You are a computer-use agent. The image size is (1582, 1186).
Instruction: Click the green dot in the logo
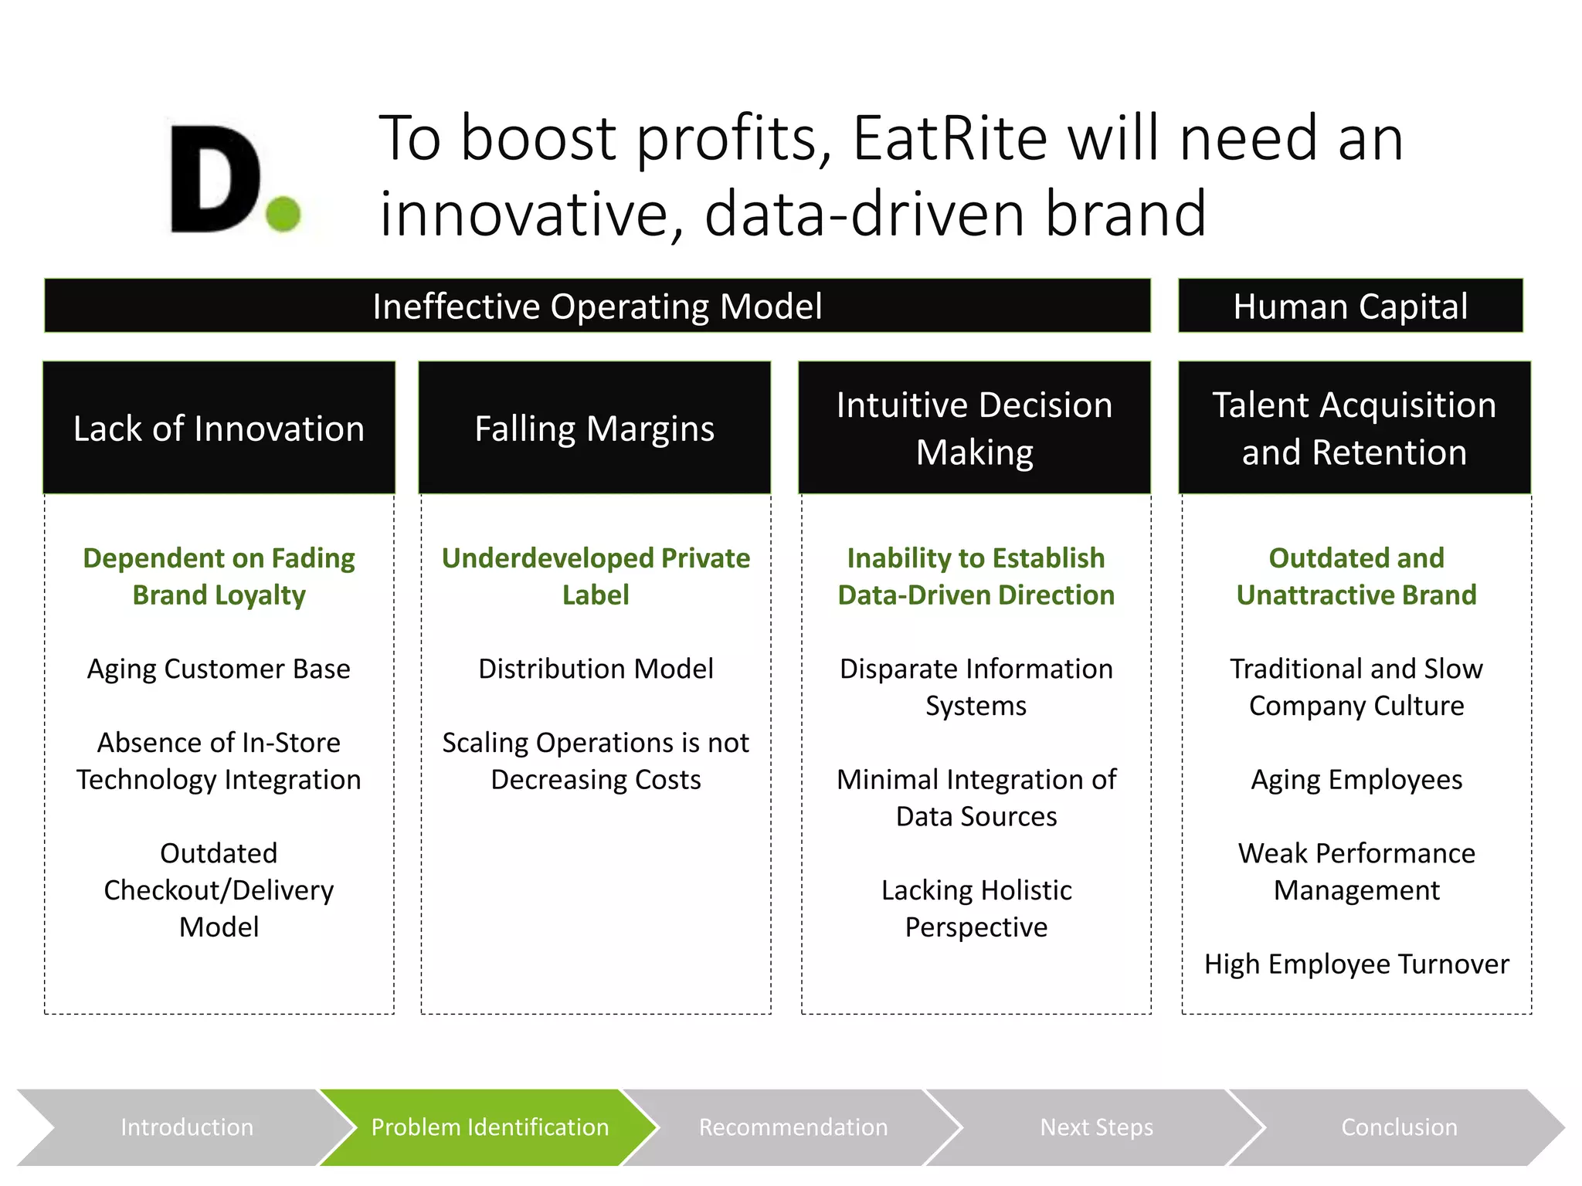click(x=283, y=213)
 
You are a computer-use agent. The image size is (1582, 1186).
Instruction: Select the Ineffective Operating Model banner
click(x=597, y=307)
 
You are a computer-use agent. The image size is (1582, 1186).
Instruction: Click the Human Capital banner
click(x=1349, y=307)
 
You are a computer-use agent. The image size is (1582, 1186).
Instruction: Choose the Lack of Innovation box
click(x=219, y=429)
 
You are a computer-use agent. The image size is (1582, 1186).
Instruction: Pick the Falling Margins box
click(x=595, y=429)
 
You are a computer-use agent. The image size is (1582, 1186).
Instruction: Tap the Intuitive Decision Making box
click(x=974, y=429)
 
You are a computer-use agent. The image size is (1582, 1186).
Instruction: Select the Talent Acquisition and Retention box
click(x=1354, y=429)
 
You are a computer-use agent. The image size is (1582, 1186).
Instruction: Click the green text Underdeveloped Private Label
click(x=596, y=576)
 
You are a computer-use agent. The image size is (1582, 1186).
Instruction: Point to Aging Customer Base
click(x=219, y=669)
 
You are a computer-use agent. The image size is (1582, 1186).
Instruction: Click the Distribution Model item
click(x=596, y=669)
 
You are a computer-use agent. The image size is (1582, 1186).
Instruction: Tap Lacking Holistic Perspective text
click(x=976, y=908)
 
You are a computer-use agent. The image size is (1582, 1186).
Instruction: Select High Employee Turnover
click(x=1356, y=964)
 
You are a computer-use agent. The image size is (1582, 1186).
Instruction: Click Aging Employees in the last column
click(x=1356, y=780)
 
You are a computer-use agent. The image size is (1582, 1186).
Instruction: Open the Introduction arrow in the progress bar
click(x=187, y=1127)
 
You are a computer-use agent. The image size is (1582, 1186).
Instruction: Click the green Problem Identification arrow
click(x=490, y=1127)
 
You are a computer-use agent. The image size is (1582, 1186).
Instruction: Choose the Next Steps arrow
click(x=1096, y=1127)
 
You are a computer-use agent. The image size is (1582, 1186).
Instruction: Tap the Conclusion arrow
click(x=1399, y=1127)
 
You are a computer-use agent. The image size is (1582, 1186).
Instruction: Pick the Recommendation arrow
click(x=793, y=1127)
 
